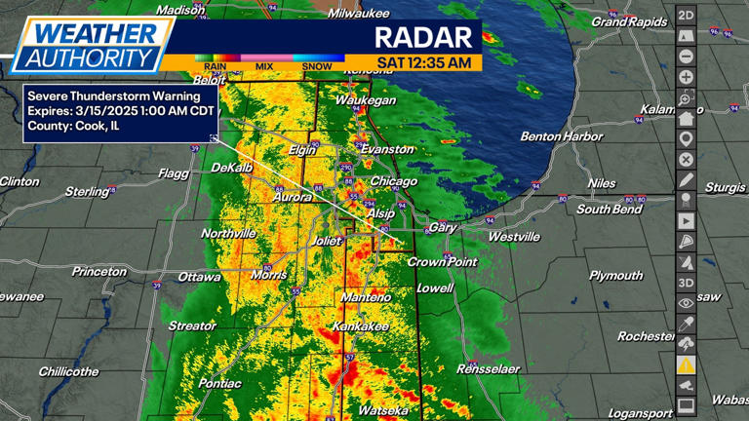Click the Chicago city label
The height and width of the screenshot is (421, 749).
(x=394, y=181)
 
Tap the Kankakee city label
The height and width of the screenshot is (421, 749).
(x=362, y=325)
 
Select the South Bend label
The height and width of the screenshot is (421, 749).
(x=609, y=210)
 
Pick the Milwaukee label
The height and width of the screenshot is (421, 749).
(x=359, y=14)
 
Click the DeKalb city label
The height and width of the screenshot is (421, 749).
(x=231, y=168)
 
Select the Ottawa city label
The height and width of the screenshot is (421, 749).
(x=199, y=277)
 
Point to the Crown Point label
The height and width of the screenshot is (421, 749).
(x=442, y=262)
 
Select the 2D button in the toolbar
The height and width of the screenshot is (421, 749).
(x=687, y=15)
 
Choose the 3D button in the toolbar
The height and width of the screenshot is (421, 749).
(x=687, y=283)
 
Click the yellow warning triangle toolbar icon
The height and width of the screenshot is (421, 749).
(x=687, y=364)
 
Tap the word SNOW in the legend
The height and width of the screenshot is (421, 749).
(x=317, y=67)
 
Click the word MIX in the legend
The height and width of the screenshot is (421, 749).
(x=264, y=67)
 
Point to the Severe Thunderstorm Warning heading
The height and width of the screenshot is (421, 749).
(x=114, y=96)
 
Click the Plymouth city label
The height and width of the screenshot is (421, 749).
(x=615, y=276)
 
